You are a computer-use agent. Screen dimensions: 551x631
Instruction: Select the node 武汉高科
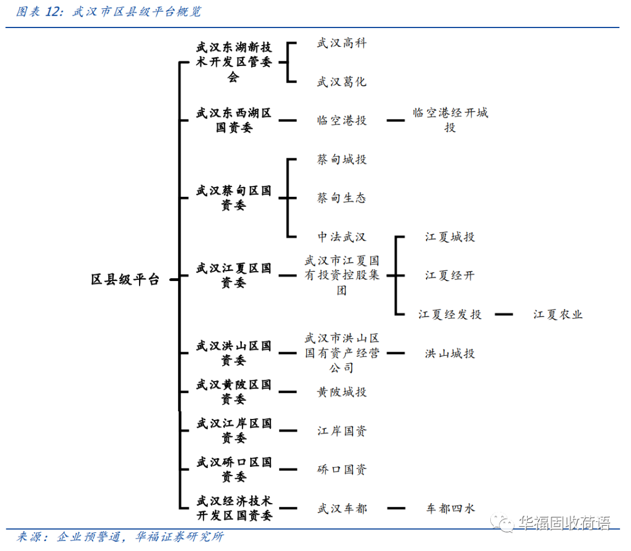341,43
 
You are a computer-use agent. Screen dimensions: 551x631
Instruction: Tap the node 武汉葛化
341,82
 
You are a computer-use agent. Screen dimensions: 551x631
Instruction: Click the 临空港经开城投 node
450,120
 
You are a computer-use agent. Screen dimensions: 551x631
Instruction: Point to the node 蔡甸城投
341,160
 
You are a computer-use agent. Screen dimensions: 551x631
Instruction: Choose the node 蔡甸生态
341,198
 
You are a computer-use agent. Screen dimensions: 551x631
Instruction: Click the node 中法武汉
341,237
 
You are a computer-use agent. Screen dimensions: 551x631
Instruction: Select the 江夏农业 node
557,314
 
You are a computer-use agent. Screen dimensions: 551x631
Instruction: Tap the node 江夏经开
450,275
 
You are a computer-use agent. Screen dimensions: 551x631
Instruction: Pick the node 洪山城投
450,353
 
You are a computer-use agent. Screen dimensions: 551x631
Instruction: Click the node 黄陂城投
341,391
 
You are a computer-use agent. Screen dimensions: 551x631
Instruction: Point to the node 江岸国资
341,431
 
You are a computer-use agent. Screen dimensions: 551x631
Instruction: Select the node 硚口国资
341,469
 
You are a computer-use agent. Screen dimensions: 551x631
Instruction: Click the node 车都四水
450,508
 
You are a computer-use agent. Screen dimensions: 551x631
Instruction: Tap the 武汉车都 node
341,508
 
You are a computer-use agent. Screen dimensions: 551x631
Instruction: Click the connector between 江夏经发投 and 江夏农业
504,314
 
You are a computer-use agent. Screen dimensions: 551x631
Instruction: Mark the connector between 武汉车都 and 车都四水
396,508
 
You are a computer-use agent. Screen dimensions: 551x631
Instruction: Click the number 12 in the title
51,12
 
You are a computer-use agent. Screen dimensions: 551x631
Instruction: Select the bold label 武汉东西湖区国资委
233,120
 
